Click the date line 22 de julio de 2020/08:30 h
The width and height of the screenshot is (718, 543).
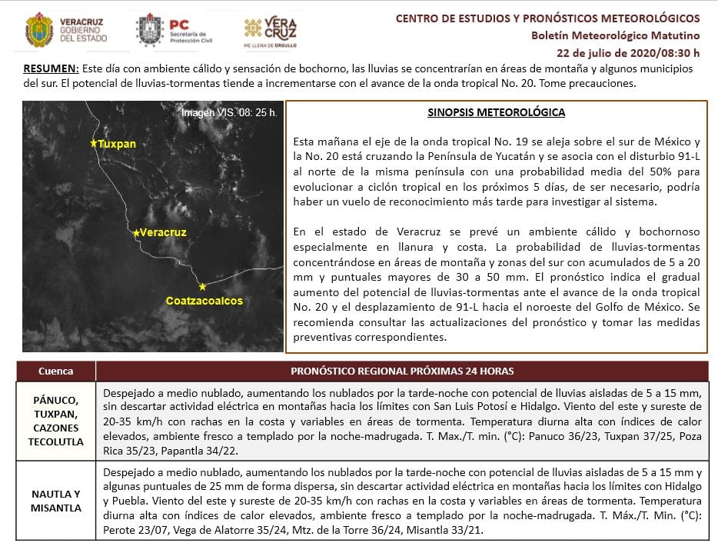point(628,53)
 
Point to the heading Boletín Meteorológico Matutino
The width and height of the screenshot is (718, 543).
point(615,35)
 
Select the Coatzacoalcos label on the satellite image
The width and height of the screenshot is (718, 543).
point(204,300)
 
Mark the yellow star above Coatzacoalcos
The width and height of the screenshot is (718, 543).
point(202,286)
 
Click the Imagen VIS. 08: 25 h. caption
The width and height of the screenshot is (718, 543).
point(229,112)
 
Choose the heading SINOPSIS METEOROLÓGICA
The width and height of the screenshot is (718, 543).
point(496,112)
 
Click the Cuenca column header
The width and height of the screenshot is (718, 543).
point(55,371)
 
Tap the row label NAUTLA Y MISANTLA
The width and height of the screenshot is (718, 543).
point(55,500)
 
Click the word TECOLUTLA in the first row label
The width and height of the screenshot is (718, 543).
point(55,442)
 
